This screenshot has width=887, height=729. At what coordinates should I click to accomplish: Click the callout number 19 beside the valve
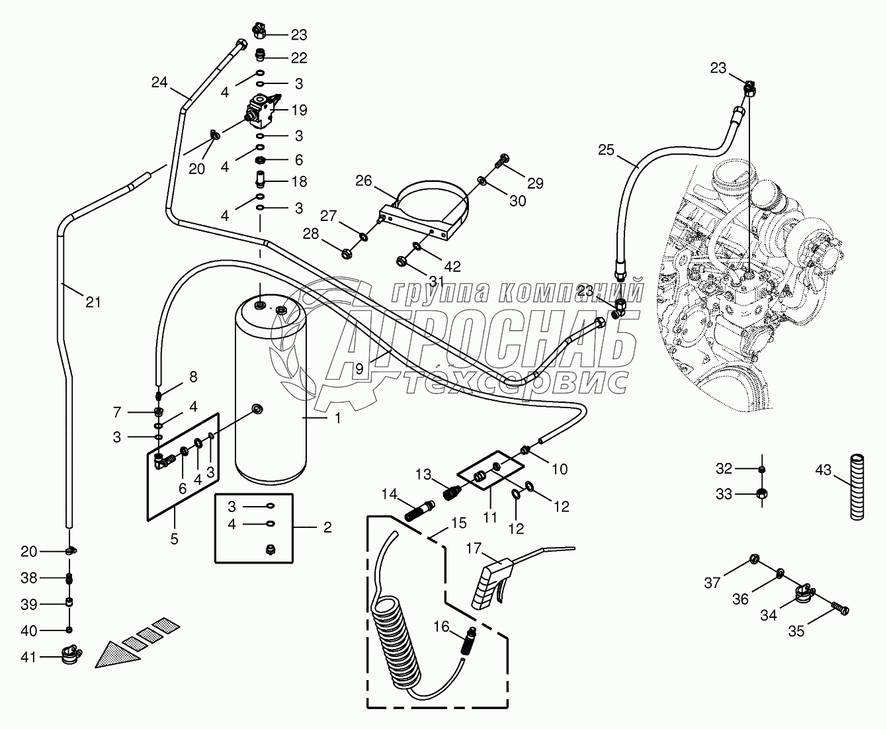pos(299,110)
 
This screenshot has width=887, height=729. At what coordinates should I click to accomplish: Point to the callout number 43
pos(823,470)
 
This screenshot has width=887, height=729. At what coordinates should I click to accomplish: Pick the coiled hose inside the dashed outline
pos(397,635)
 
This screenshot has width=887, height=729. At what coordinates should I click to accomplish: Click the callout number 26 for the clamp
pos(363,180)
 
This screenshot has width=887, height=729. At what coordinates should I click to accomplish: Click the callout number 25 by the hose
pos(607,151)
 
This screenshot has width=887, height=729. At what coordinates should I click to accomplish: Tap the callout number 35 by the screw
pos(796,631)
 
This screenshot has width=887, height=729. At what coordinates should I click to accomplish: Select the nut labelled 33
pos(761,493)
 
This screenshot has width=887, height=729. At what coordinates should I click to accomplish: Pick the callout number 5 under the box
pos(174,538)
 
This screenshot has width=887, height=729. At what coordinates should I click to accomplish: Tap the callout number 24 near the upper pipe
pos(159,83)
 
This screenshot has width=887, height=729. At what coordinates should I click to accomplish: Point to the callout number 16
pos(442,626)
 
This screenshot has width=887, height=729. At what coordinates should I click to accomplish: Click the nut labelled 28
pos(346,252)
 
